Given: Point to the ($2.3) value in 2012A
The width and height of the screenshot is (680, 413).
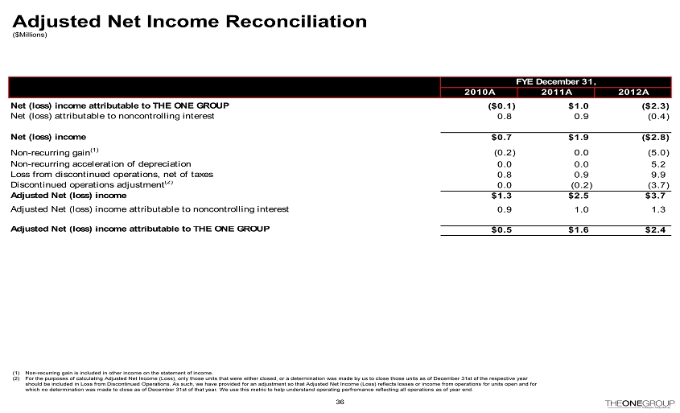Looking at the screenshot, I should pyautogui.click(x=653, y=105).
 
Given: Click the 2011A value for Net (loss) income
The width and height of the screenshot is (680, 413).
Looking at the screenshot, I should pyautogui.click(x=576, y=137).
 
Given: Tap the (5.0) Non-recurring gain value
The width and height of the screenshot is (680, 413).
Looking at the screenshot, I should pyautogui.click(x=655, y=151).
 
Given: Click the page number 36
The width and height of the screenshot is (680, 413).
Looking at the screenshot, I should pyautogui.click(x=340, y=402).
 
